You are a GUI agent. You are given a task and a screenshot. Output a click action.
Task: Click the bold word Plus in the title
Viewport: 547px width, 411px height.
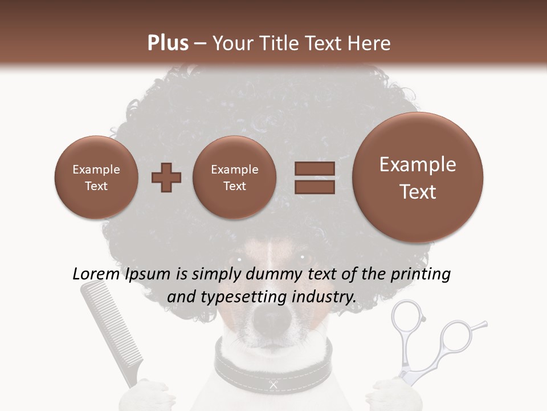pyautogui.click(x=168, y=43)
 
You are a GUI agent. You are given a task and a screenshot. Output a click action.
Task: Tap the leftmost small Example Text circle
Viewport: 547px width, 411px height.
pyautogui.click(x=96, y=178)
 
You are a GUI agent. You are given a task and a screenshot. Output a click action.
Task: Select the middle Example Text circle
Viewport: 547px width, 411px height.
pyautogui.click(x=235, y=178)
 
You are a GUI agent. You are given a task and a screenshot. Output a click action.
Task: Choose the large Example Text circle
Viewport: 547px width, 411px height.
pyautogui.click(x=418, y=178)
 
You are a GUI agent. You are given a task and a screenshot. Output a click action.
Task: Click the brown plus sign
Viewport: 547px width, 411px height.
pyautogui.click(x=166, y=178)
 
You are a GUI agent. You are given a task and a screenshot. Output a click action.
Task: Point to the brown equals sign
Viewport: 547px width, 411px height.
pyautogui.click(x=314, y=178)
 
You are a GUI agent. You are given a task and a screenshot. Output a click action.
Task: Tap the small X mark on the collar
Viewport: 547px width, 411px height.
pyautogui.click(x=273, y=385)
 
